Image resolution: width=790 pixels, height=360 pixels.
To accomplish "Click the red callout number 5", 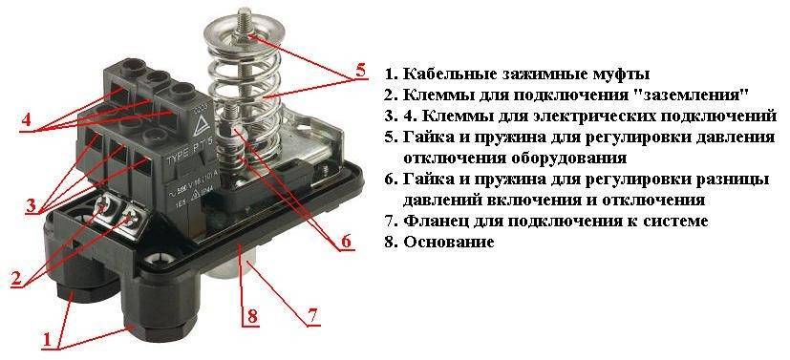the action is [360, 70].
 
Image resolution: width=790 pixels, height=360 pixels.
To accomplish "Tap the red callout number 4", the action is [26, 119].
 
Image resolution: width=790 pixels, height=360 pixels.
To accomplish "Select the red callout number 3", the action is [32, 205].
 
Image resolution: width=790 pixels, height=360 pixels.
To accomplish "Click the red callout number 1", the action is [48, 340].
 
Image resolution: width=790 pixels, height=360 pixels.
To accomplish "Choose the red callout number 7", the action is [312, 317].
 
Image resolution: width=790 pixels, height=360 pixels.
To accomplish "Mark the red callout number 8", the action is [252, 317].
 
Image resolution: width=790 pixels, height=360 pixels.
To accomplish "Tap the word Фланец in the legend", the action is [434, 221].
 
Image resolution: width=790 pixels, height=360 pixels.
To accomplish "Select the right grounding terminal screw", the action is [131, 217].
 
